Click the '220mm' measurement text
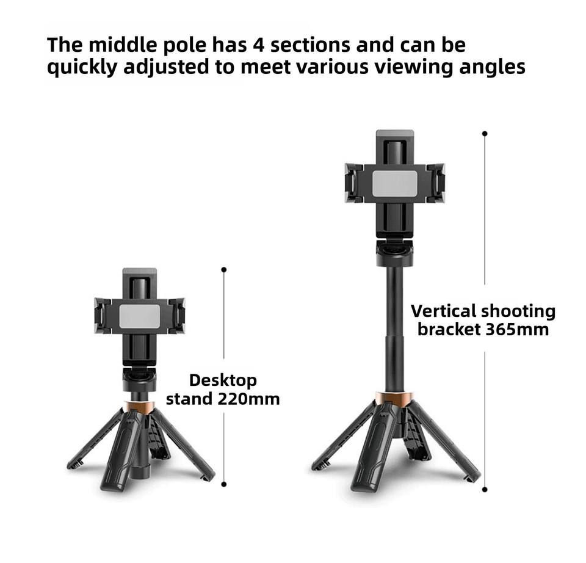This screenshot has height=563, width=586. [248, 400]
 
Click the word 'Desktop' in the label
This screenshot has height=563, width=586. [223, 380]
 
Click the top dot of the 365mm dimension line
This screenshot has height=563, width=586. [485, 133]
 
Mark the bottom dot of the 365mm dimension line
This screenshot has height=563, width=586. [485, 489]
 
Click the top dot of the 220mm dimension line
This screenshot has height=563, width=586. [224, 269]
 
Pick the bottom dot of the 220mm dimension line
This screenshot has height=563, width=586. [224, 484]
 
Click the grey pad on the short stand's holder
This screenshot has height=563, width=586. [139, 316]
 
